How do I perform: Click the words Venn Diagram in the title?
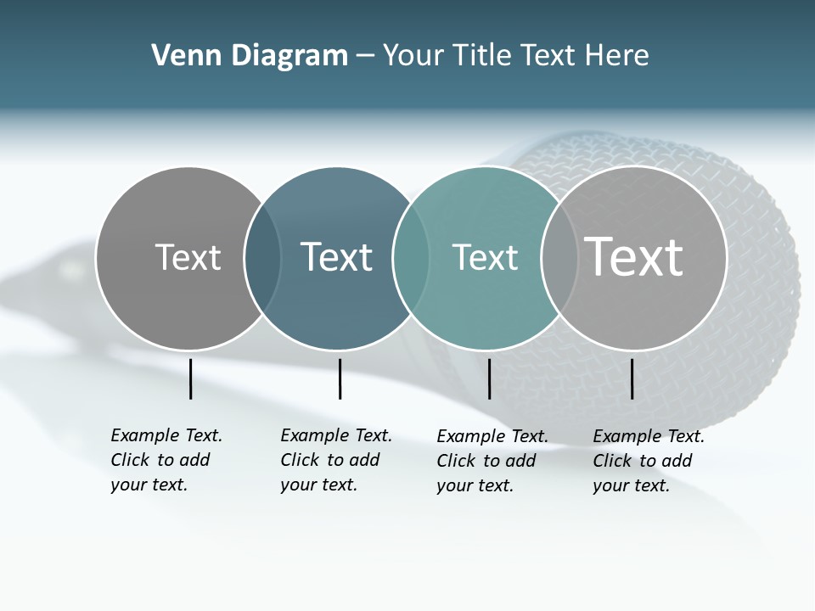click(x=250, y=56)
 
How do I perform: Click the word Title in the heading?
click(x=482, y=56)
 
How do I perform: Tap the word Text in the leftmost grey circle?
click(x=188, y=257)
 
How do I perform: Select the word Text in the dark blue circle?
click(x=337, y=257)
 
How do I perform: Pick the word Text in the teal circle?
click(x=485, y=257)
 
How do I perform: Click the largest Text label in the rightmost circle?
click(x=634, y=256)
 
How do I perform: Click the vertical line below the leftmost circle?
click(x=191, y=378)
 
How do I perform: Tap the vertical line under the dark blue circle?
click(x=340, y=378)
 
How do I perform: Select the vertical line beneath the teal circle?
click(x=489, y=378)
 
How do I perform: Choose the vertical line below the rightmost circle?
click(x=632, y=378)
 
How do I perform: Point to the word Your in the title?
click(x=413, y=56)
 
